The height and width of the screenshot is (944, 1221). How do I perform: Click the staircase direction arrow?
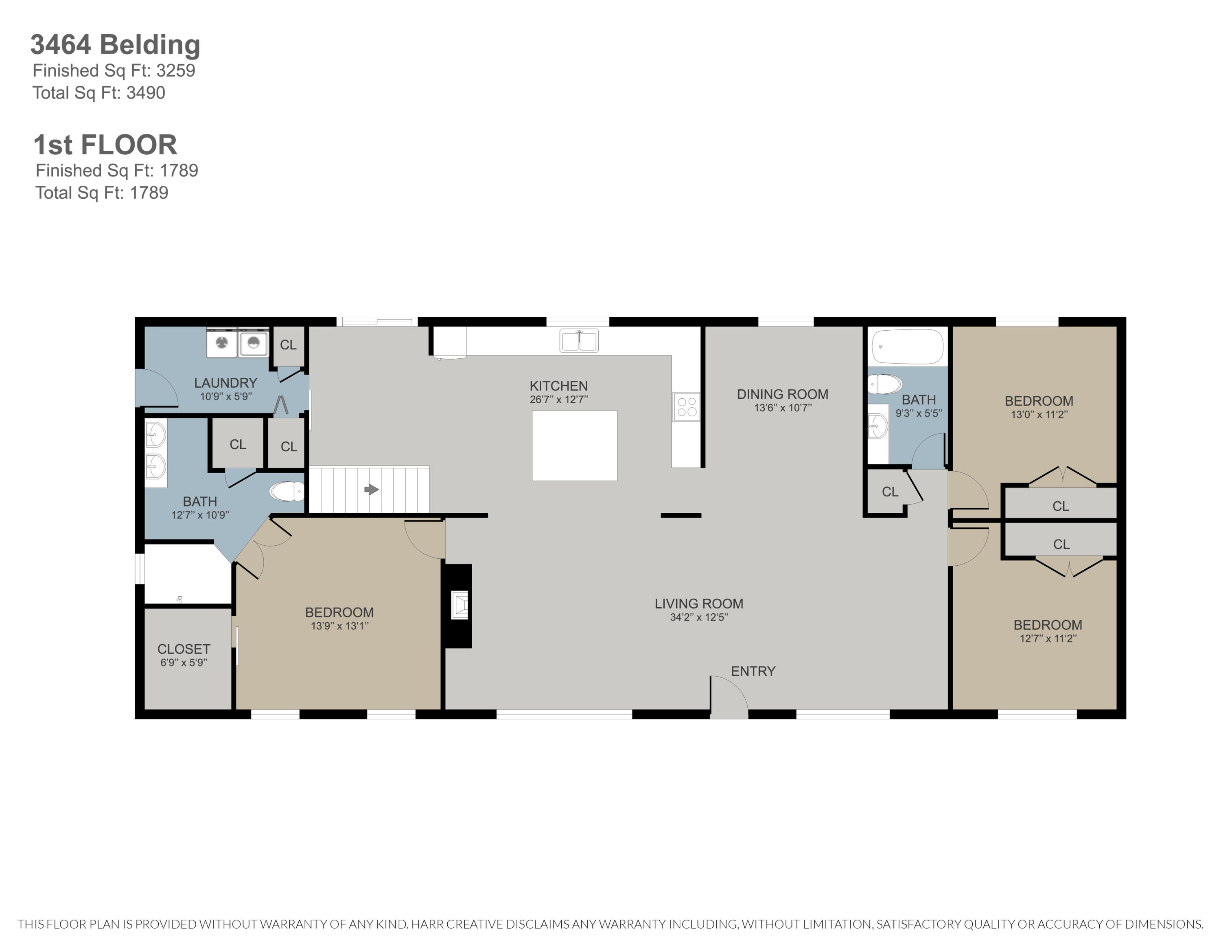[x=372, y=490]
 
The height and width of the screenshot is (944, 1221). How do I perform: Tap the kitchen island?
[x=575, y=446]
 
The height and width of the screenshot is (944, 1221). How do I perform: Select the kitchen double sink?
[x=579, y=340]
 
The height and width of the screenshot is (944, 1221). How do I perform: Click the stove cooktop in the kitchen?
[x=687, y=406]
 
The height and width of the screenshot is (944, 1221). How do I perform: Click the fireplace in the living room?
[x=458, y=606]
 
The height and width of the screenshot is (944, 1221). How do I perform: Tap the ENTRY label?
[x=753, y=671]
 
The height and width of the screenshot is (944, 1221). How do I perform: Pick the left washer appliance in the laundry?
[x=222, y=342]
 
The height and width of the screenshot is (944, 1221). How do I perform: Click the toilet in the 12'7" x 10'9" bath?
[x=287, y=492]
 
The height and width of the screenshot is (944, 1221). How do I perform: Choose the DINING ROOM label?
[x=783, y=394]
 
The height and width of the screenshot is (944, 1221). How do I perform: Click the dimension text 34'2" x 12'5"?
[x=699, y=617]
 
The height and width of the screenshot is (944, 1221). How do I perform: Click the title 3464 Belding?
[x=115, y=45]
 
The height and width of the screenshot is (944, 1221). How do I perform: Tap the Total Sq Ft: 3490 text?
[x=99, y=93]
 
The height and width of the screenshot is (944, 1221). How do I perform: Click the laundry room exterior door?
[x=157, y=388]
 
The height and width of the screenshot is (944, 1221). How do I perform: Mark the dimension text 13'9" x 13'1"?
[x=339, y=626]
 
